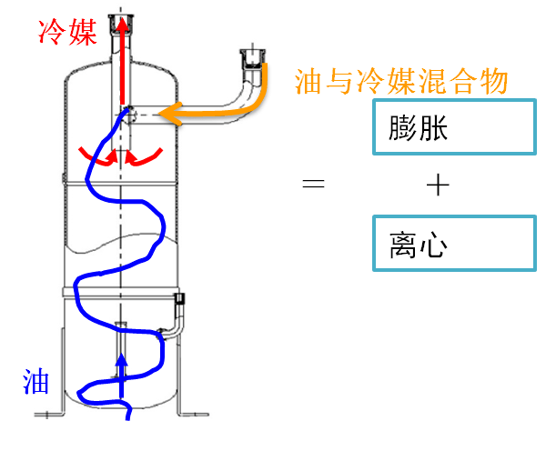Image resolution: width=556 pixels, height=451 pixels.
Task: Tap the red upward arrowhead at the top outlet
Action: (121, 25)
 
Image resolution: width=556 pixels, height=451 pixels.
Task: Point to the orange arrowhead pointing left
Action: (169, 114)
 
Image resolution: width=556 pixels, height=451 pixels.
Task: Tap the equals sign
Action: (313, 185)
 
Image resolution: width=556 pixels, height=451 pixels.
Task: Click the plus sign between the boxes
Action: (438, 185)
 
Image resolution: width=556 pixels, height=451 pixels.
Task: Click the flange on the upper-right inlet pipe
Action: (250, 57)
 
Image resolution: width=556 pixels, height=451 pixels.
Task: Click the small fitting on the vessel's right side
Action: (178, 299)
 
